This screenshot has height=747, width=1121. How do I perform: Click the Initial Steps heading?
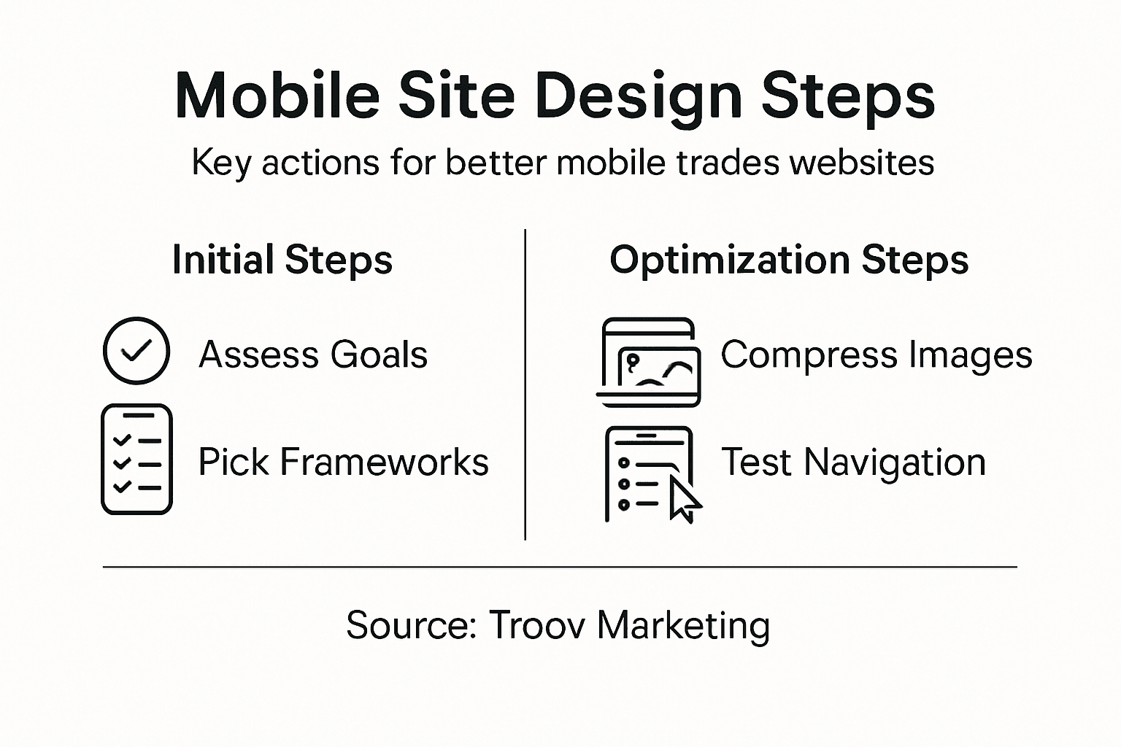point(282,260)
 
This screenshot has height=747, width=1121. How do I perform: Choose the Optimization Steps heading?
point(788,260)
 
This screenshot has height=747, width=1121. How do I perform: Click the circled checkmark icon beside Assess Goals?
point(136,351)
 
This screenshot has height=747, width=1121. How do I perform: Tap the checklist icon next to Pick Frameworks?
point(136,459)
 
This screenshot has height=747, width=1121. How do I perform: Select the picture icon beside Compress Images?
point(649,362)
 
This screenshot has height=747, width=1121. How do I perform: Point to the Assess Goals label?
point(313,355)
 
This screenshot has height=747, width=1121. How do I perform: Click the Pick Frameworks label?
point(343,462)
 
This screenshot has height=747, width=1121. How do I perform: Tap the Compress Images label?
point(876,355)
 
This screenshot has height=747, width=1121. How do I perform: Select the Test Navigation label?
point(853,462)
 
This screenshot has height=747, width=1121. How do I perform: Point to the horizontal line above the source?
point(560,566)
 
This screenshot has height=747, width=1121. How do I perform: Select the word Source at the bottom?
point(411,625)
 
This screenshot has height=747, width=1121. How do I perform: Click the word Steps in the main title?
point(847,97)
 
